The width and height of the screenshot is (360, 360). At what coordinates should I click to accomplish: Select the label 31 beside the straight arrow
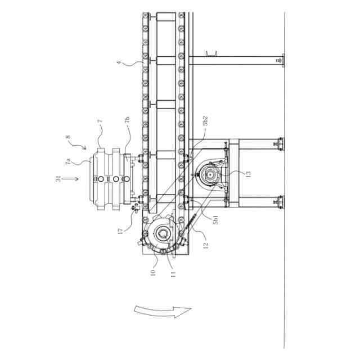[58, 179]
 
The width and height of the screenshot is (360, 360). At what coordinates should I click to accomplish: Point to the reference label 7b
[128, 120]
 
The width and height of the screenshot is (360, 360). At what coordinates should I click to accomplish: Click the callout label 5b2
[205, 121]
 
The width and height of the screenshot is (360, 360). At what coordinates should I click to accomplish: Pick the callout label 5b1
[215, 219]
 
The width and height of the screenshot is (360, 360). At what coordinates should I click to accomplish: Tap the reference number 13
[248, 174]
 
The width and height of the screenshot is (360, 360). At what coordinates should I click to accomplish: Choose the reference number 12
[206, 245]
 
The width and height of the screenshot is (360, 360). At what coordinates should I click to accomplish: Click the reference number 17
[120, 231]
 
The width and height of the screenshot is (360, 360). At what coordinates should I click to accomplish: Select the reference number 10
[153, 272]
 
